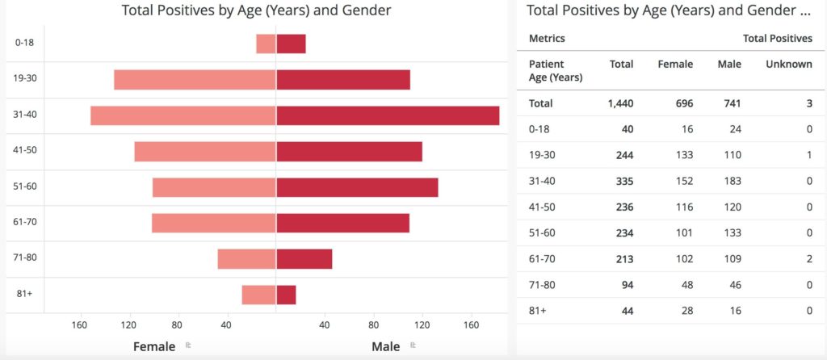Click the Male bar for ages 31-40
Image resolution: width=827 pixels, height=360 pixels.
[388, 115]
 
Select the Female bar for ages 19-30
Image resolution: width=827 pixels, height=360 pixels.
[195, 80]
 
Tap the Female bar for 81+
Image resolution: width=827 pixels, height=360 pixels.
[258, 295]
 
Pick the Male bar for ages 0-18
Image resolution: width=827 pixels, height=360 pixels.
[291, 44]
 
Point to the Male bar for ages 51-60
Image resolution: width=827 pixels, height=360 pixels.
[357, 187]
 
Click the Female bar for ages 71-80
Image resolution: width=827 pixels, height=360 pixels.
[246, 259]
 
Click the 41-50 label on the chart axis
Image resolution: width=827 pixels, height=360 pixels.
[26, 150]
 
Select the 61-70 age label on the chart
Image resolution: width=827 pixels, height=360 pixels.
[26, 221]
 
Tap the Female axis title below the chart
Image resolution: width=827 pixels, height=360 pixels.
[154, 346]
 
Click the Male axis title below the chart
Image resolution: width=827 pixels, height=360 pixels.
[385, 346]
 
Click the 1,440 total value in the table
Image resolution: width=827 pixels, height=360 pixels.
[620, 103]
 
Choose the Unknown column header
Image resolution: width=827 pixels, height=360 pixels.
[788, 65]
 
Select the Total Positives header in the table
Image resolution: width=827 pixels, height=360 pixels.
[777, 38]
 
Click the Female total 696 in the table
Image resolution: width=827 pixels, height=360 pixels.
[682, 103]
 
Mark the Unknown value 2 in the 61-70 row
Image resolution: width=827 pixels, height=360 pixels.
[808, 259]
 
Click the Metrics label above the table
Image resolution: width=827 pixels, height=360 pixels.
[547, 38]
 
